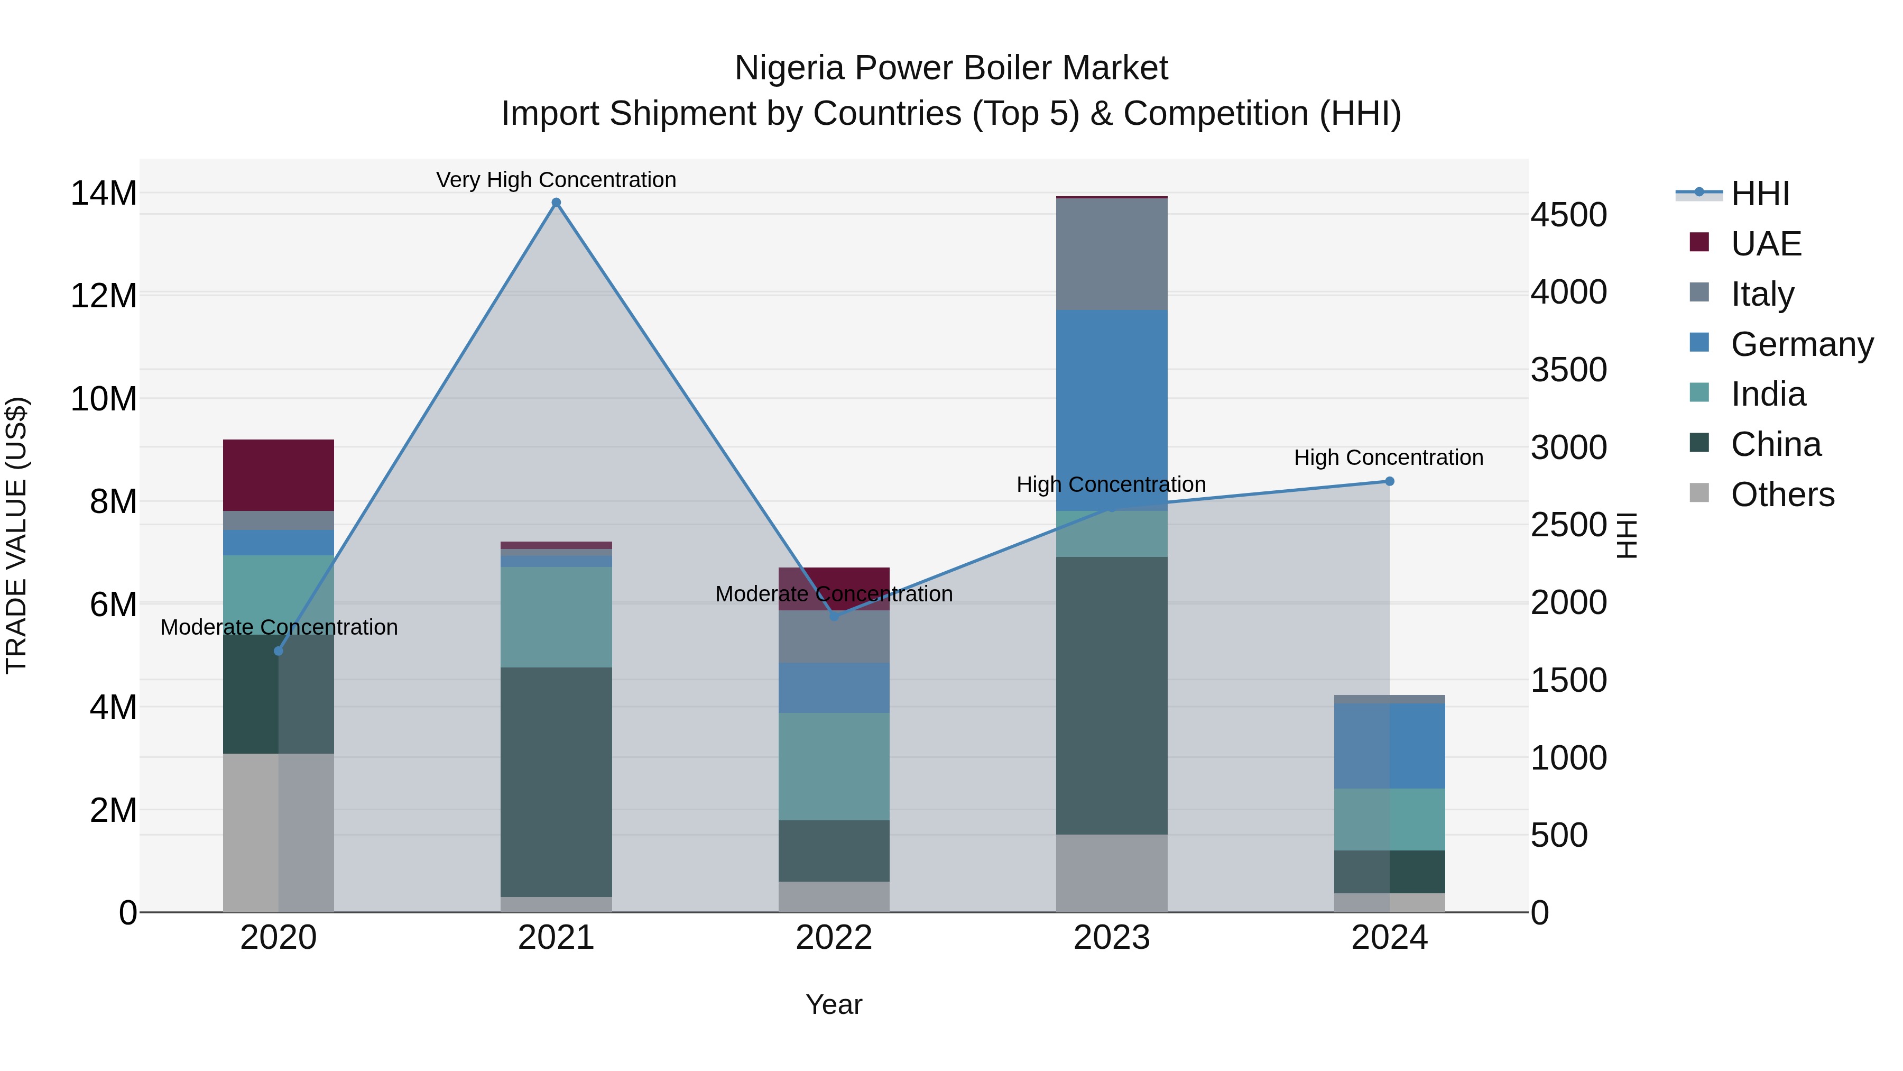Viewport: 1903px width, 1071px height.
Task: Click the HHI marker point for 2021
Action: [x=556, y=203]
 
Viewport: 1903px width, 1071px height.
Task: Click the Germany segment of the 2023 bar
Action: [x=1112, y=410]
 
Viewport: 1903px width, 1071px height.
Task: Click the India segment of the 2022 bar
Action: [x=834, y=766]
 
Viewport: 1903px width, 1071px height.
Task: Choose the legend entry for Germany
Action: [x=1802, y=344]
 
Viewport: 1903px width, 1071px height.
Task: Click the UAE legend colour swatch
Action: [x=1699, y=242]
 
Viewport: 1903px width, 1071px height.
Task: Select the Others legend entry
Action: [x=1782, y=495]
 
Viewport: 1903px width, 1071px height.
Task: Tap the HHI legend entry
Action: [x=1760, y=194]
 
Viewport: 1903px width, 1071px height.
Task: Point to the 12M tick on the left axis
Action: [x=104, y=296]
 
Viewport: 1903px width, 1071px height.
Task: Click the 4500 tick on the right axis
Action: [x=1568, y=215]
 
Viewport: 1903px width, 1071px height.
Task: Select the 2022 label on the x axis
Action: [x=834, y=938]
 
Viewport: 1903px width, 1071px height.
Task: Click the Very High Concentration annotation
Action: [x=556, y=180]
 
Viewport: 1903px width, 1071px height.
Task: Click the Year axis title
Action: [x=834, y=1004]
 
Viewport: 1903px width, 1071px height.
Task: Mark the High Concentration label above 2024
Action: [x=1389, y=457]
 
